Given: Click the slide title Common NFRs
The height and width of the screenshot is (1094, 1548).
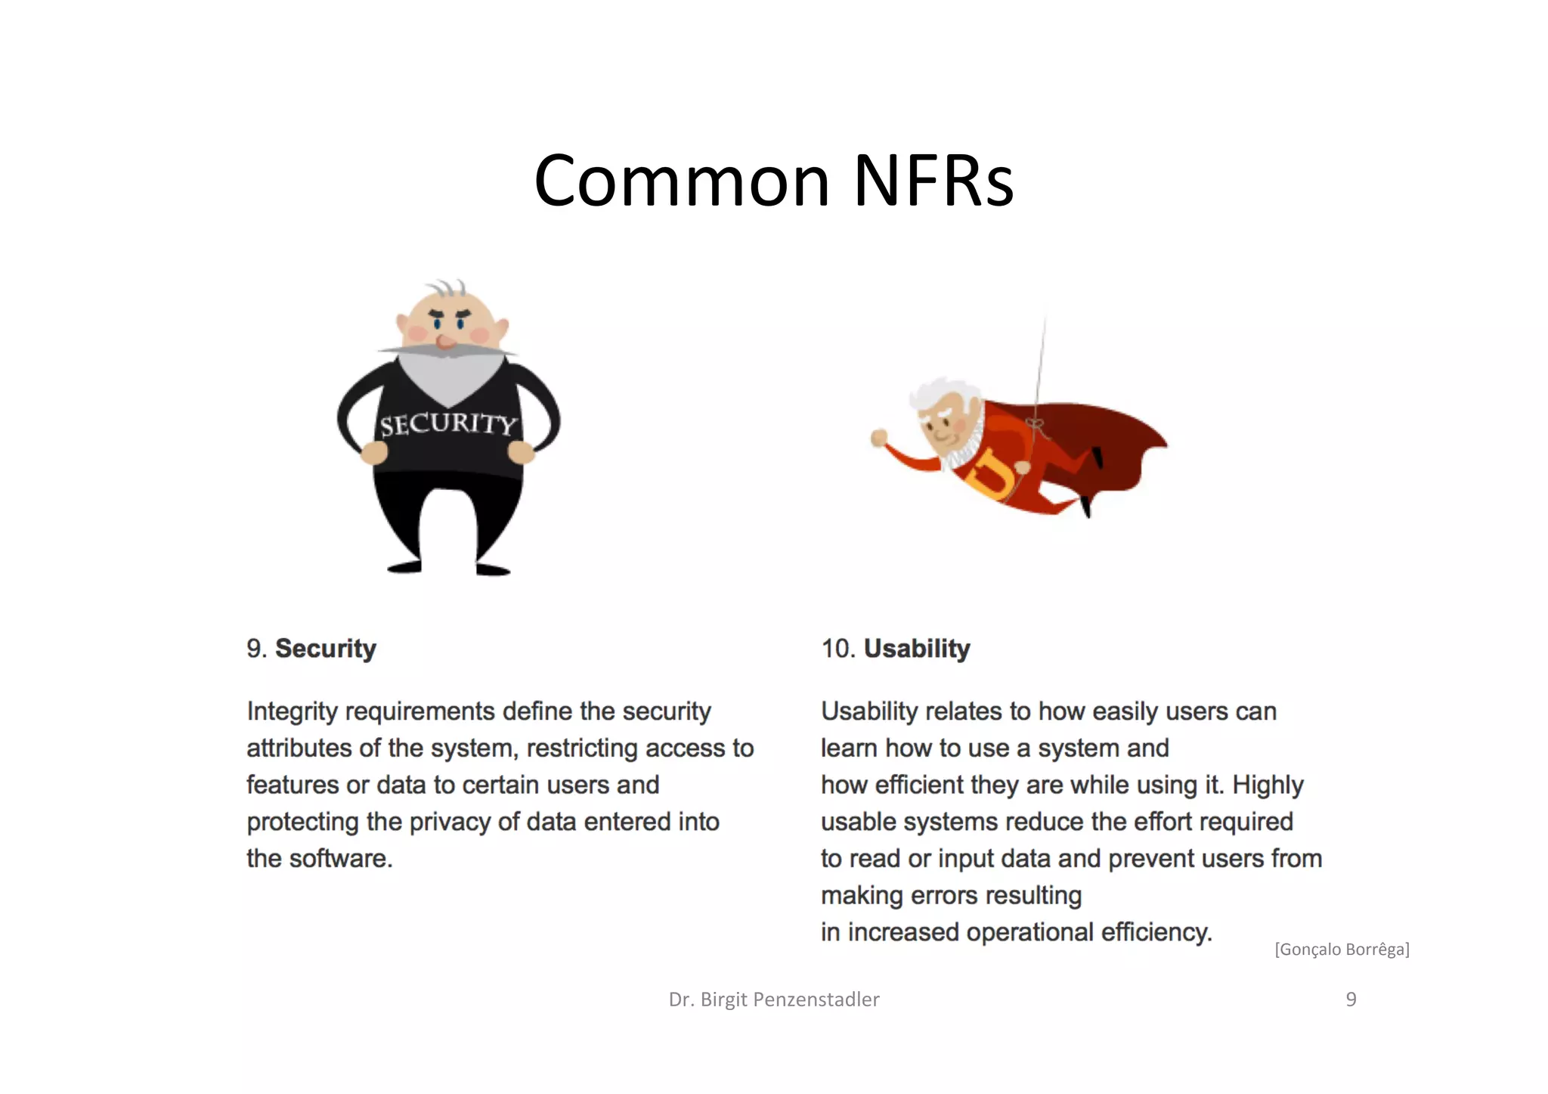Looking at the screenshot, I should click(x=773, y=181).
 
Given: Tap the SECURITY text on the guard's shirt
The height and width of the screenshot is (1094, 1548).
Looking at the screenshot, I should click(x=447, y=424).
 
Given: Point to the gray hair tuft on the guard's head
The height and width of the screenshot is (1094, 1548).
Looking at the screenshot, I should click(x=445, y=290).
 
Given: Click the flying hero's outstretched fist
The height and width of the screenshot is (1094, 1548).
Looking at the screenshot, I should click(x=878, y=438).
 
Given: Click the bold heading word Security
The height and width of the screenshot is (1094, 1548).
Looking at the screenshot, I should click(x=325, y=649).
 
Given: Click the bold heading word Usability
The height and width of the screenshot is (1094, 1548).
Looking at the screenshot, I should click(x=917, y=649).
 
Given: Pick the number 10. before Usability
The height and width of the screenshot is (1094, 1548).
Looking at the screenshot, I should click(x=837, y=649).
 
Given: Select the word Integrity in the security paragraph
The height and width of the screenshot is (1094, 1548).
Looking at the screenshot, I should click(x=292, y=711).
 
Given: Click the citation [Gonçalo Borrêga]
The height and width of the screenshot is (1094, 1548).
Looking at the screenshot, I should click(x=1342, y=950).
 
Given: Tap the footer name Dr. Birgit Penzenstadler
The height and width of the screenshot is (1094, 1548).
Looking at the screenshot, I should click(x=774, y=999).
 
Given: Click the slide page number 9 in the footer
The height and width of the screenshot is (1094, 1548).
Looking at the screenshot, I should click(x=1351, y=999).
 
